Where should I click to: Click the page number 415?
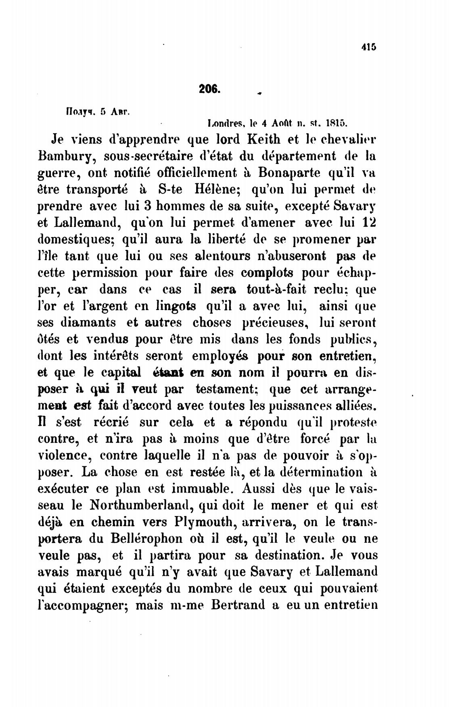tap(368, 47)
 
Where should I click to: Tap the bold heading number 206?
tap(209, 89)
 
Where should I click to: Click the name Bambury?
tap(67, 155)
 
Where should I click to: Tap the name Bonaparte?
tap(289, 172)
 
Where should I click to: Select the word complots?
tap(267, 273)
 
